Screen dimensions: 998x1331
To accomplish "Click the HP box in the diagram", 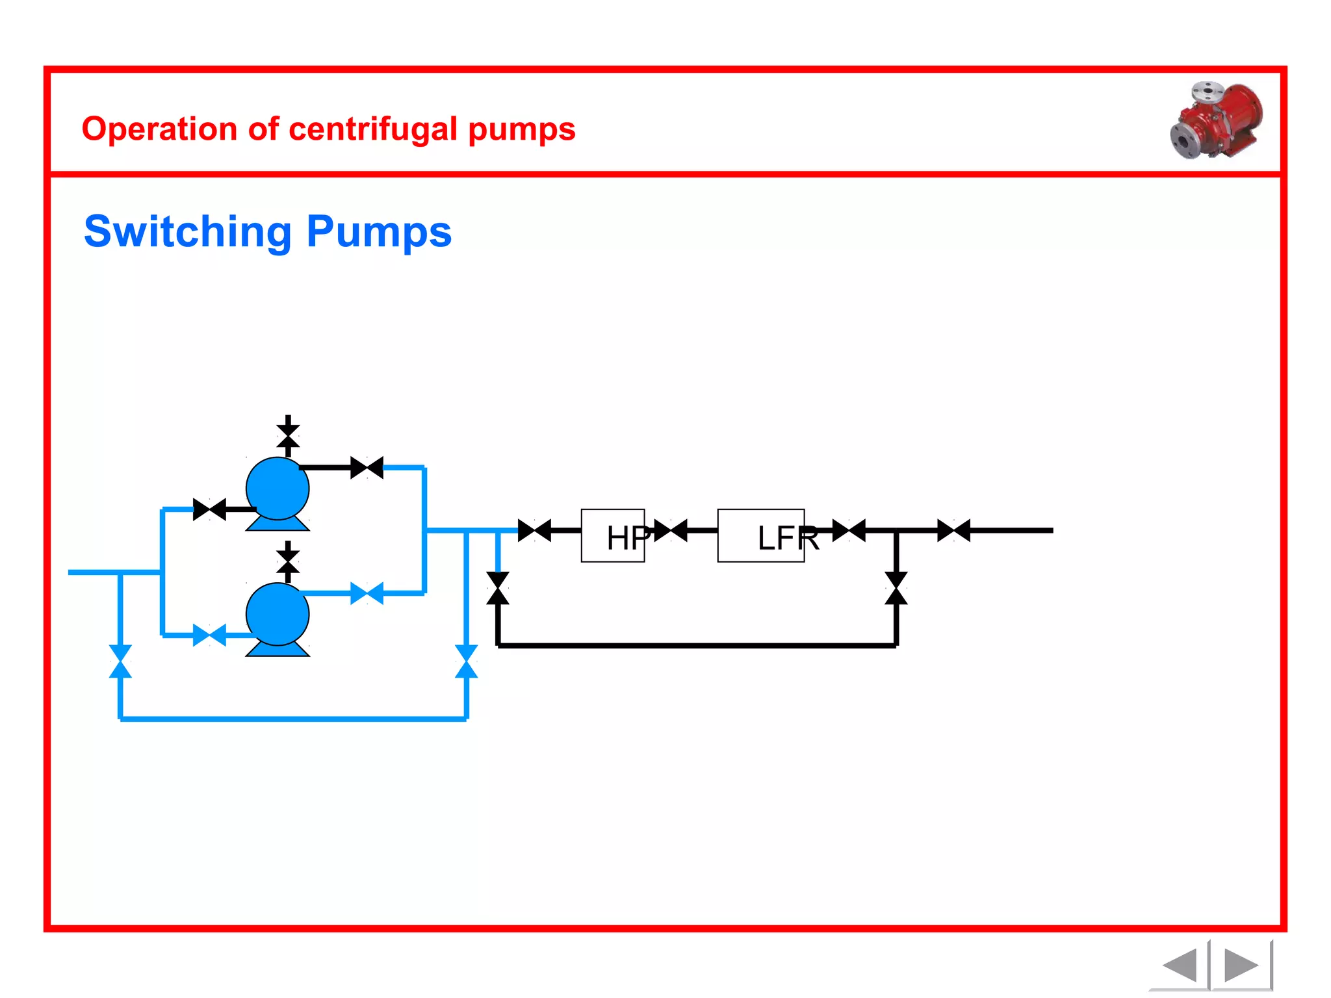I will tap(613, 535).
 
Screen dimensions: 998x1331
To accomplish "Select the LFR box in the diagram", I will tap(760, 535).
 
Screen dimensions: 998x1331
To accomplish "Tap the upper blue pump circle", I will tap(278, 489).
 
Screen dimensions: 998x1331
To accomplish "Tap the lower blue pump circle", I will tap(278, 614).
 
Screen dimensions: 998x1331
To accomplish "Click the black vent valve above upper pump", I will tap(288, 436).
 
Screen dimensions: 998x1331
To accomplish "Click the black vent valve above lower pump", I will tap(288, 561).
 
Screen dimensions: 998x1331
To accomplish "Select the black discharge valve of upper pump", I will tap(367, 468).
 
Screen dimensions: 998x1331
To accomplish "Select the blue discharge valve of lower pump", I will tap(367, 593).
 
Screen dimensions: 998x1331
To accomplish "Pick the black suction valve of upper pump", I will tap(209, 509).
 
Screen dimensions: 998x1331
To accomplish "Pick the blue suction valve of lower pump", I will tap(209, 635).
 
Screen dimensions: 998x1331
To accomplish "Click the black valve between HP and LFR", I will tap(671, 530).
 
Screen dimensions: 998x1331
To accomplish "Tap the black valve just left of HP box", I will tap(534, 530).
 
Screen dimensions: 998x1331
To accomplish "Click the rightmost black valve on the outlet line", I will tap(953, 530).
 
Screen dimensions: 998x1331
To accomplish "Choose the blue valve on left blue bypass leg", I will tap(120, 661).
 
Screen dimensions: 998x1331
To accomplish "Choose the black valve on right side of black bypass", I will tap(896, 588).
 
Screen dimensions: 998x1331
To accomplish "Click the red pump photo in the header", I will tap(1217, 120).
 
